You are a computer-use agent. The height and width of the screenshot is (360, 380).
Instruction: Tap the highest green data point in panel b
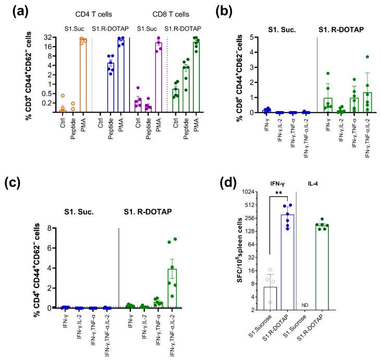tap(367, 57)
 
